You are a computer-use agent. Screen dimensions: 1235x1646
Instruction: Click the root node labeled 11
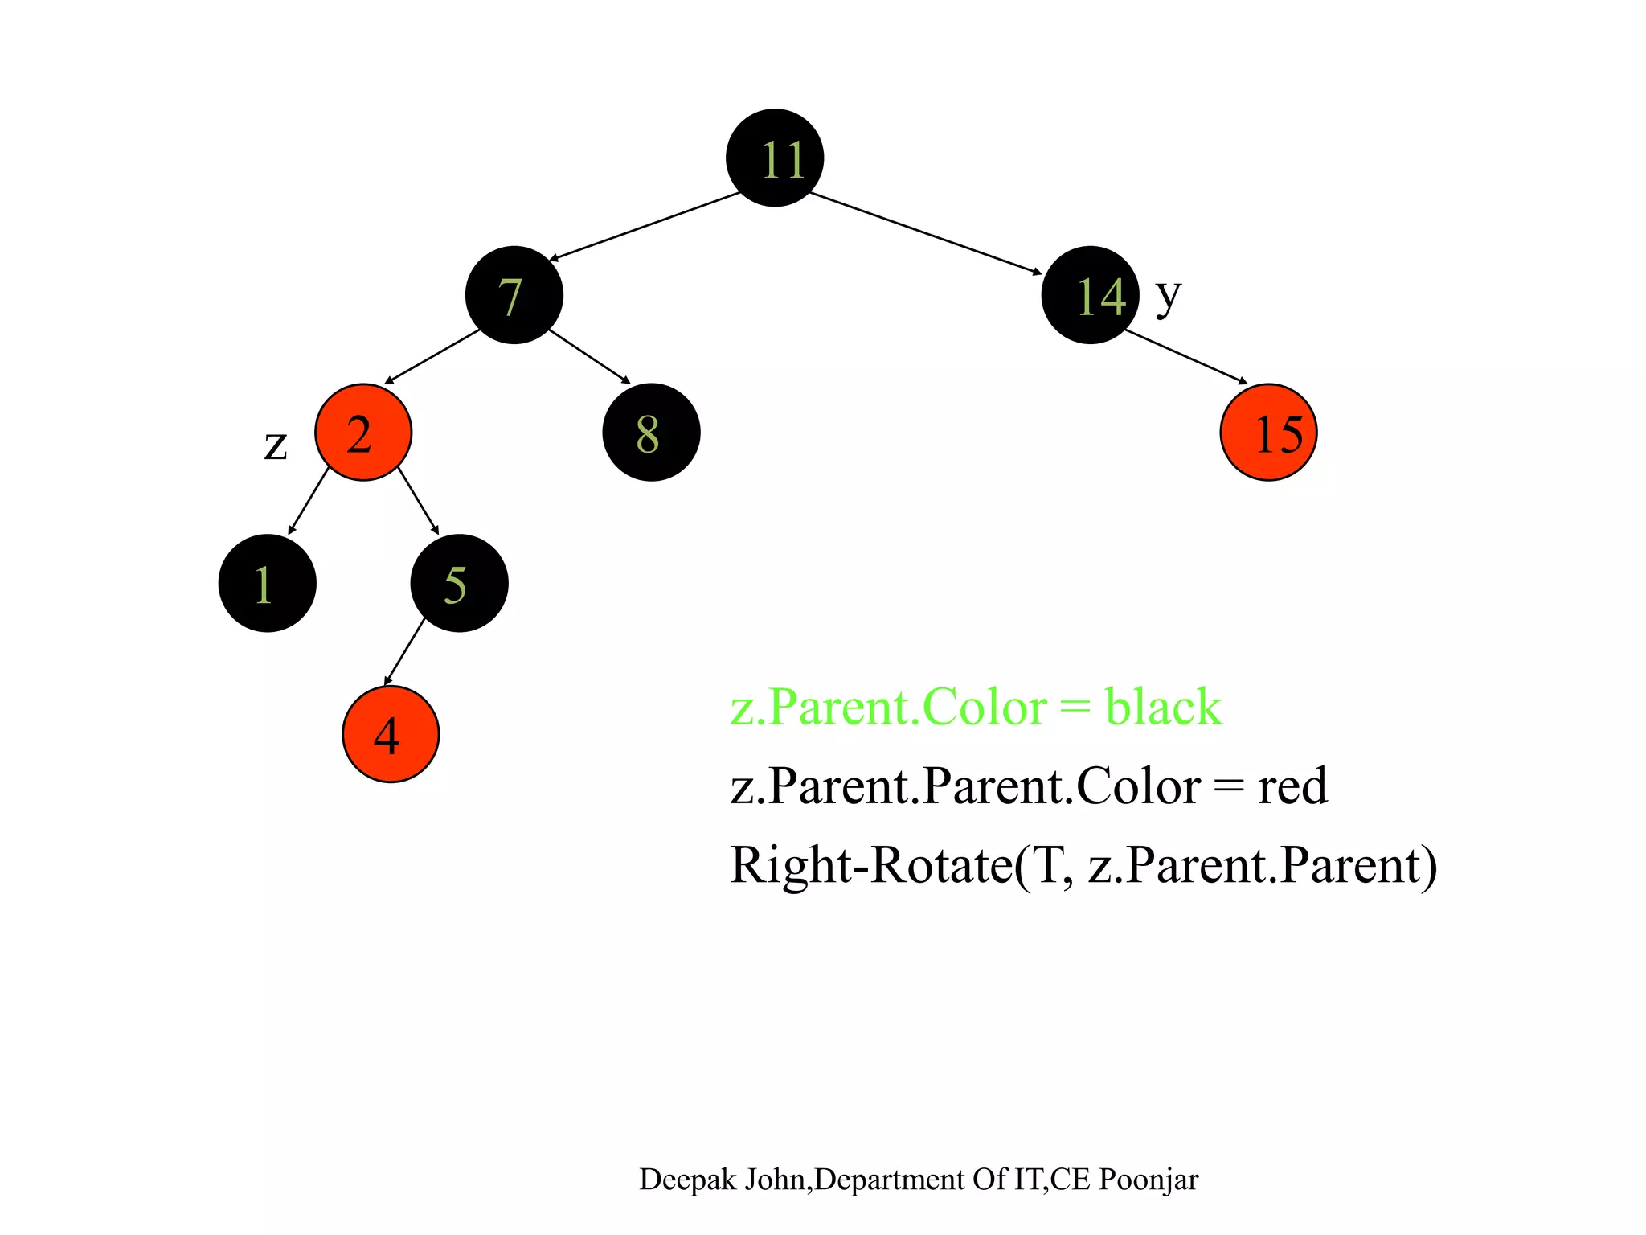[775, 158]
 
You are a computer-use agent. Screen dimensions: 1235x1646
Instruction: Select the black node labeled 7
[514, 295]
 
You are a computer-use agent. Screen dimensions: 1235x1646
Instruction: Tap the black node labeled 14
[1090, 295]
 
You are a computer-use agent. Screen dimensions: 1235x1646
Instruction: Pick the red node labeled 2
[363, 433]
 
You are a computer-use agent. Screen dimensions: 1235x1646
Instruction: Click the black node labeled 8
[651, 433]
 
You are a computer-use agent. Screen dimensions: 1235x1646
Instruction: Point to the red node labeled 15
[1268, 433]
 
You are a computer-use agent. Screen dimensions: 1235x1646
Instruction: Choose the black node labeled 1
[267, 583]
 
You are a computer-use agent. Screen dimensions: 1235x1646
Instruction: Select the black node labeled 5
[459, 583]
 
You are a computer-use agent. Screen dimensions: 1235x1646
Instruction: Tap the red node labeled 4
[391, 734]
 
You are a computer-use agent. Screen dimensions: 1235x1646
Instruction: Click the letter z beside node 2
[276, 445]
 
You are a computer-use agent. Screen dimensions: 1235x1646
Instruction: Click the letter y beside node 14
[1169, 296]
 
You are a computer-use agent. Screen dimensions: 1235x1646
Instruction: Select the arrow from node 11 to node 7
[645, 226]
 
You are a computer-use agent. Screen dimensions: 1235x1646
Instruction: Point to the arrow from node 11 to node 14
[924, 233]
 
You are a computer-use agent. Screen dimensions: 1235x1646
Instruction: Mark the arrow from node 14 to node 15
[1186, 356]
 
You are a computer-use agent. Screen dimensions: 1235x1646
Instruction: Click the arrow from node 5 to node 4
[404, 651]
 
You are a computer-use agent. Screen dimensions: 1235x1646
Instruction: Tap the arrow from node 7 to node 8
[589, 355]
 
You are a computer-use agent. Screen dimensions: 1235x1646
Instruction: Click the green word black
[1163, 707]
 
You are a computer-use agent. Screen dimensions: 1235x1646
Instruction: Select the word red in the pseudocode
[1292, 786]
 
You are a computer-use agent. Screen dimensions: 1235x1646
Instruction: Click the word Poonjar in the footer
[1149, 1180]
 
